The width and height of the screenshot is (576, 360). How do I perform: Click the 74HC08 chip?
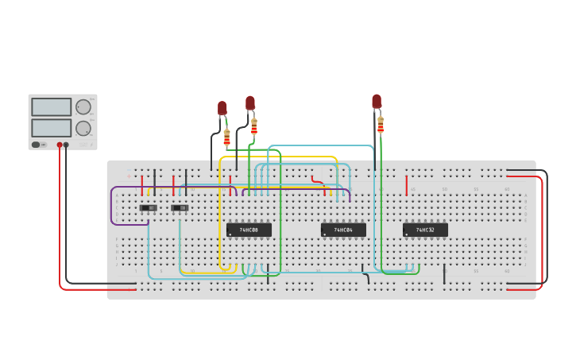249,230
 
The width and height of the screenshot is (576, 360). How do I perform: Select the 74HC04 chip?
343,230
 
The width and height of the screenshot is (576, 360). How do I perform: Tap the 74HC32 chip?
425,230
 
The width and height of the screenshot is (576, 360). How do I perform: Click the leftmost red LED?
222,107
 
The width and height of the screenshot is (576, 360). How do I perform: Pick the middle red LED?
250,103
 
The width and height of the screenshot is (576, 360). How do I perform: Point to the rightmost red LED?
377,101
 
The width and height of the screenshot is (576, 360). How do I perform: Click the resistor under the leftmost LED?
226,137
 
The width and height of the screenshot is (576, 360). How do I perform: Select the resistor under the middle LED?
254,126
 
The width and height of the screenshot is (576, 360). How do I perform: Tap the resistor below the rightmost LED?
381,124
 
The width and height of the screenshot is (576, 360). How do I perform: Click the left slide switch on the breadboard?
148,208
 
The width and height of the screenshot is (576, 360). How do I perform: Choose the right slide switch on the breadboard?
179,208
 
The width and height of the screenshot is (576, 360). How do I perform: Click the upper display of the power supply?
51,106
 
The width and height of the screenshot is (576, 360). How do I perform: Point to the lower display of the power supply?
51,127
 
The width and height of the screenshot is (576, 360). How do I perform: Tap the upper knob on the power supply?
83,106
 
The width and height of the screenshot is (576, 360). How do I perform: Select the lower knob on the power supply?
83,128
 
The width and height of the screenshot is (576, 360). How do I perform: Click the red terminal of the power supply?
60,145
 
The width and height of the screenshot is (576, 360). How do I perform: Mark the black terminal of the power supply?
66,145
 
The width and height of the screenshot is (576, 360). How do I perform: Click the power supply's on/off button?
36,145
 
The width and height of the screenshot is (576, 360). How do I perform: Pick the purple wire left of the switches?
112,207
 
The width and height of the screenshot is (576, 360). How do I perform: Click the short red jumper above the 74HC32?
407,185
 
